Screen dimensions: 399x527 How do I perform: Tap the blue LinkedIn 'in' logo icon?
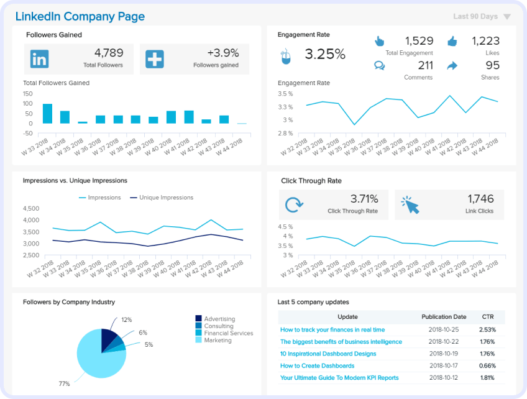click(39, 59)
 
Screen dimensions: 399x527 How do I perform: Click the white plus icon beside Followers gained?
click(154, 59)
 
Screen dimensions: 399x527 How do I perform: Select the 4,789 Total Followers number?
click(108, 53)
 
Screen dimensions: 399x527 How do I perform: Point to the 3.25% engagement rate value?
click(324, 55)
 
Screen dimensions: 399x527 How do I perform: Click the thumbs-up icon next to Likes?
click(452, 42)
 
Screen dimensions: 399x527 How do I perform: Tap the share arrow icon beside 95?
click(452, 65)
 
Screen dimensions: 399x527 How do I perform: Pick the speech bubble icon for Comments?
click(379, 65)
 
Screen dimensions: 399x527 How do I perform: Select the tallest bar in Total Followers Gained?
click(47, 113)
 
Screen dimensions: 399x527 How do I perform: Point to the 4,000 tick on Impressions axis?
click(31, 220)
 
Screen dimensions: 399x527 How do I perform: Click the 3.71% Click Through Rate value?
click(364, 199)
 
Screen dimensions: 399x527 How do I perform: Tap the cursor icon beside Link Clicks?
click(410, 204)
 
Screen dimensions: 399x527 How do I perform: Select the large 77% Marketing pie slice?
click(96, 357)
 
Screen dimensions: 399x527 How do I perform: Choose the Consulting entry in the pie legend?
click(218, 326)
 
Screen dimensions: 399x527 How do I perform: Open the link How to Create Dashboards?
click(317, 365)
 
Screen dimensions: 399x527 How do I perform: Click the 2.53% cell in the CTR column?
click(488, 329)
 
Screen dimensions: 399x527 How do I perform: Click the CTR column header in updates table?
click(488, 317)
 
